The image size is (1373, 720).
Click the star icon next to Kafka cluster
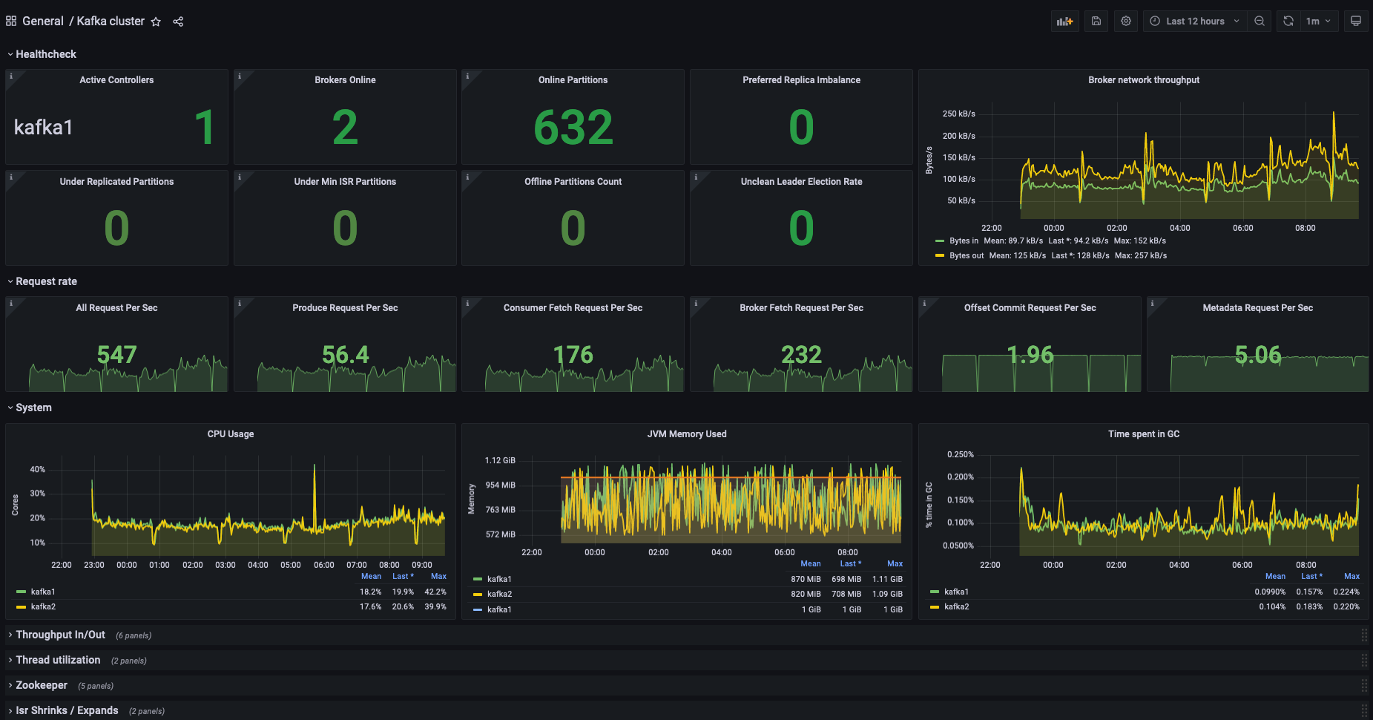click(x=156, y=22)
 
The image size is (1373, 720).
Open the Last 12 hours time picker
click(x=1194, y=22)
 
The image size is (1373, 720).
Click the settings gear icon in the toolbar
click(x=1126, y=22)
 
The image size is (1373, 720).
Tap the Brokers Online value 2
click(x=345, y=127)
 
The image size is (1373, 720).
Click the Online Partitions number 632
click(x=573, y=127)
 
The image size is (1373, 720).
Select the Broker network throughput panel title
click(x=1143, y=80)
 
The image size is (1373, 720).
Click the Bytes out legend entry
click(x=967, y=255)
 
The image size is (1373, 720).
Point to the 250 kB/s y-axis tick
click(x=958, y=114)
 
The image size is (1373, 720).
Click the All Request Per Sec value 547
click(x=116, y=355)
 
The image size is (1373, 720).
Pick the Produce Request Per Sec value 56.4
click(x=345, y=355)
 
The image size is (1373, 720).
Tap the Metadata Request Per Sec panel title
click(x=1257, y=308)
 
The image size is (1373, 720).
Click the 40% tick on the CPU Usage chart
click(x=37, y=470)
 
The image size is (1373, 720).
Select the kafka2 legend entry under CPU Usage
click(x=43, y=606)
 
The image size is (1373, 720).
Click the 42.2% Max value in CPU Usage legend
click(x=435, y=592)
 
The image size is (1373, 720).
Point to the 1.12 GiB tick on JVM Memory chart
click(x=500, y=461)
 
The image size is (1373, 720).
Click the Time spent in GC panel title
click(x=1143, y=434)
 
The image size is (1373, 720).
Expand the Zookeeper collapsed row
click(x=42, y=685)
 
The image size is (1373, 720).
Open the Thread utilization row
click(x=58, y=660)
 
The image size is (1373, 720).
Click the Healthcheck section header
click(x=46, y=54)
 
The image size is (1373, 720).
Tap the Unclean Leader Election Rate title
click(x=801, y=182)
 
